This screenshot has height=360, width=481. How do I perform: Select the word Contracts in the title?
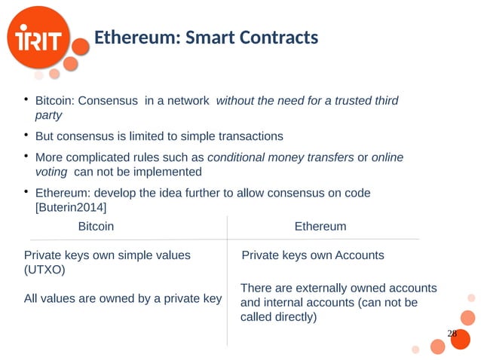(277, 37)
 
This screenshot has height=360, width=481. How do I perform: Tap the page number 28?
(452, 334)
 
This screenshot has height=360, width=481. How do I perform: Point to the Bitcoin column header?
(97, 226)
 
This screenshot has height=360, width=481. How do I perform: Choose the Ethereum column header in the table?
(320, 226)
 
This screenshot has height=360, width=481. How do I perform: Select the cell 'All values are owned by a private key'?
(123, 299)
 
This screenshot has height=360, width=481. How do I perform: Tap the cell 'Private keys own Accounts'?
(312, 255)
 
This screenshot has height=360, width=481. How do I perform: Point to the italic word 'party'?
(48, 115)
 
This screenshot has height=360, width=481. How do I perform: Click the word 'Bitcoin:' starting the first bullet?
(58, 101)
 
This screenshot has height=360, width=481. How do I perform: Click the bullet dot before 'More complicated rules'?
(26, 157)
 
